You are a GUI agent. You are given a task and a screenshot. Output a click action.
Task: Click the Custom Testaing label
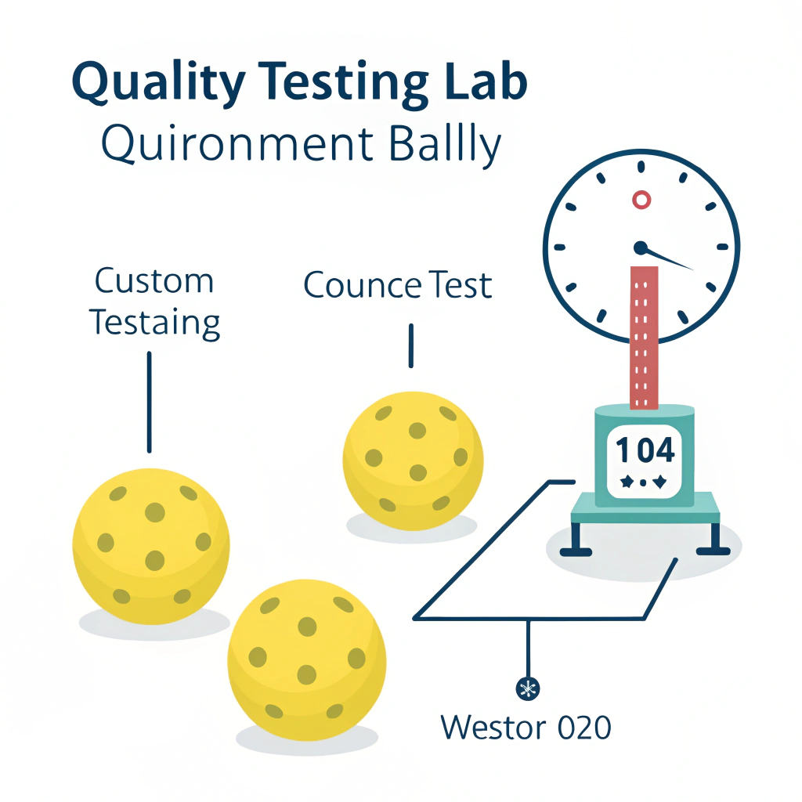(x=154, y=302)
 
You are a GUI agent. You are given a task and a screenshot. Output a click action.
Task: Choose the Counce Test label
(x=398, y=285)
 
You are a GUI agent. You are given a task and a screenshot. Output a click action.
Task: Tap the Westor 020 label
(x=525, y=727)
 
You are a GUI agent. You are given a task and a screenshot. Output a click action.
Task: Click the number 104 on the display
(x=645, y=450)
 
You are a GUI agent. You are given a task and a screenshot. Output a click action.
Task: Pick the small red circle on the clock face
(x=641, y=200)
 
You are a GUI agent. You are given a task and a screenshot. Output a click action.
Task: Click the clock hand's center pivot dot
(x=641, y=248)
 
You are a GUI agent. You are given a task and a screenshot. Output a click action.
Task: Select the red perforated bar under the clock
(x=644, y=337)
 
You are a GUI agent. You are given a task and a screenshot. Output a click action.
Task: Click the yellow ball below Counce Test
(x=413, y=457)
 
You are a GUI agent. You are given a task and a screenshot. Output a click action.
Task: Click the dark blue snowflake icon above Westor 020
(x=528, y=688)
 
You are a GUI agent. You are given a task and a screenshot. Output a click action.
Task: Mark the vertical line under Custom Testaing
(x=149, y=401)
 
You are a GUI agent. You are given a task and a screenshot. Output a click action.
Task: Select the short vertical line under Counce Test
(x=410, y=345)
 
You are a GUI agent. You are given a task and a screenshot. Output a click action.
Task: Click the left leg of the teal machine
(x=576, y=539)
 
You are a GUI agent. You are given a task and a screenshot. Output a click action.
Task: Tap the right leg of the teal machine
(x=714, y=539)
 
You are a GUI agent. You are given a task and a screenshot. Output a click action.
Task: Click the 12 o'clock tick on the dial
(x=641, y=167)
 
